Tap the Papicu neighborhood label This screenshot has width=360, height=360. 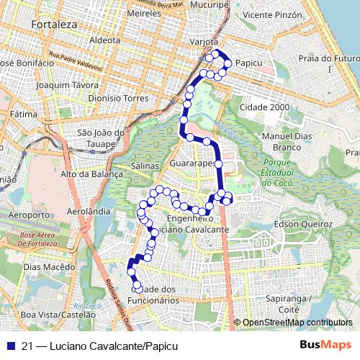(x=248, y=63)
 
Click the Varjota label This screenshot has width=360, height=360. (x=203, y=42)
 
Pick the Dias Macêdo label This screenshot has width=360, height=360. (x=45, y=266)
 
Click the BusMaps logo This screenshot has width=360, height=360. (x=325, y=346)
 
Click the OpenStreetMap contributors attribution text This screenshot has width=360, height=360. (x=297, y=323)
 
